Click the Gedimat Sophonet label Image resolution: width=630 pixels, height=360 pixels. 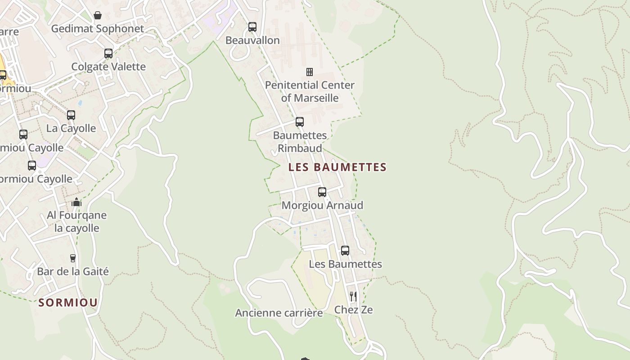click(x=97, y=29)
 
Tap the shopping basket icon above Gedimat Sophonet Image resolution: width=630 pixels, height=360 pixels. click(x=98, y=16)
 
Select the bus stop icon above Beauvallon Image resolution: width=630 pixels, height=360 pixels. click(x=252, y=27)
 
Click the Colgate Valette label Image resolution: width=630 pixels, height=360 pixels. click(x=108, y=67)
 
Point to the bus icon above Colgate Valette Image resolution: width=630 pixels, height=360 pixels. click(x=108, y=54)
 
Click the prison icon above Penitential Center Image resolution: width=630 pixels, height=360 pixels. click(x=310, y=72)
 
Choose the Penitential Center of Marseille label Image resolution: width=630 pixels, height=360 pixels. click(x=310, y=91)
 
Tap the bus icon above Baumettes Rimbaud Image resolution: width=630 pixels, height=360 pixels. click(x=300, y=122)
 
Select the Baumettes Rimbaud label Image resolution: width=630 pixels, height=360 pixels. click(x=300, y=141)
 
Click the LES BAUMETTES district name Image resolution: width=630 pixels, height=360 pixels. click(x=337, y=167)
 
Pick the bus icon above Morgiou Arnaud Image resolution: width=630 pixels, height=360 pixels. click(x=322, y=192)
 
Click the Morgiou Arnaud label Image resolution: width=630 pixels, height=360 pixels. click(x=322, y=205)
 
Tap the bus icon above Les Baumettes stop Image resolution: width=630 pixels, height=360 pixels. click(x=345, y=251)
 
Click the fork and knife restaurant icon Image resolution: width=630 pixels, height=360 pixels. click(x=353, y=297)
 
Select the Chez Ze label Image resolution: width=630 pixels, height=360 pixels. click(x=353, y=310)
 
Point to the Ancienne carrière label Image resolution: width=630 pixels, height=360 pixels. click(x=279, y=313)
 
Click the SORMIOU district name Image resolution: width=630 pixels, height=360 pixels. click(x=68, y=302)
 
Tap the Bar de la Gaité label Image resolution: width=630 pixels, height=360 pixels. click(x=73, y=271)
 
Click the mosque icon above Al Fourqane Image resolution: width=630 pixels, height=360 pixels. click(x=76, y=202)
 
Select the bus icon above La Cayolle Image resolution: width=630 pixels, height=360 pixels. click(x=71, y=115)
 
